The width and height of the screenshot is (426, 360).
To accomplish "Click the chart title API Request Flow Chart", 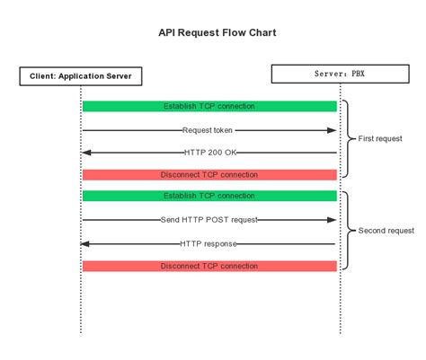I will click(212, 32).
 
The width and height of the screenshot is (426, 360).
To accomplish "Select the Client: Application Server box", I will click(81, 76).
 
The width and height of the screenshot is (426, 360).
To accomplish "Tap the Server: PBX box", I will click(340, 74).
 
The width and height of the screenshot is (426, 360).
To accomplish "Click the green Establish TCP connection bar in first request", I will click(209, 106).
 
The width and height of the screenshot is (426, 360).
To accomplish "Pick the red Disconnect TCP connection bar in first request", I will click(209, 174).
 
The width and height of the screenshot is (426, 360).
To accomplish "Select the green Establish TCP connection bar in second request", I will click(209, 196).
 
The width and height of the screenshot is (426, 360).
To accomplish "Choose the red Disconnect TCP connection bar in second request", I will click(209, 266).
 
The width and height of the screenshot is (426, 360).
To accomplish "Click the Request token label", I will click(209, 130).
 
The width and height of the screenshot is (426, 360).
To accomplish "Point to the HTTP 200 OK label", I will click(209, 153).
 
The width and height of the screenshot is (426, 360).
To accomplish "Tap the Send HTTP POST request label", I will click(209, 220).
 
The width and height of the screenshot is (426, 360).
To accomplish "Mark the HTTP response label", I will click(209, 243).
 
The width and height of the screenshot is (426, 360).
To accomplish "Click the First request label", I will click(380, 139).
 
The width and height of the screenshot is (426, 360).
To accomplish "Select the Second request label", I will click(386, 231).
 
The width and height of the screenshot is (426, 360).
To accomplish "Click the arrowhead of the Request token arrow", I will click(332, 130).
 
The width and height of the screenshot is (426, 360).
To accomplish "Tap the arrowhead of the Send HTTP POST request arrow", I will click(332, 220).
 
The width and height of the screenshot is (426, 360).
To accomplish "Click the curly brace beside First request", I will click(350, 139).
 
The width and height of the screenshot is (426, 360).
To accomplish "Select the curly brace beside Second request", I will click(350, 231).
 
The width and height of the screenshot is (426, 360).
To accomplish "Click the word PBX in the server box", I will click(359, 74).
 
